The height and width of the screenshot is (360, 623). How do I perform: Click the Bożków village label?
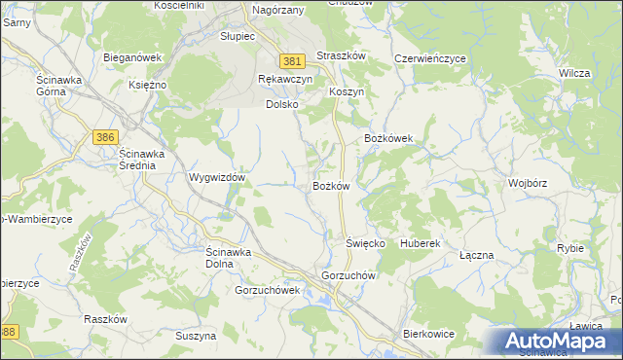coord(331,186)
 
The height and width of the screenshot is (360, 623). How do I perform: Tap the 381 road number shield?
coord(291,60)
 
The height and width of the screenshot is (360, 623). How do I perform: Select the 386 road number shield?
coord(106,138)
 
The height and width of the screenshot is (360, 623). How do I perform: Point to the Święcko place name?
coord(366,242)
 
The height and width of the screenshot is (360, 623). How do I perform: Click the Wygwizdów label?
coord(216,179)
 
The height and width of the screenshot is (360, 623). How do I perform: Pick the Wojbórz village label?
coord(528,183)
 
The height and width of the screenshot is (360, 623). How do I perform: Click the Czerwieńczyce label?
coord(430,58)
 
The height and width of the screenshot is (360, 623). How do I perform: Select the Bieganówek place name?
coord(132,57)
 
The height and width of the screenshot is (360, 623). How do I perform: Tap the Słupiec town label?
coord(237,36)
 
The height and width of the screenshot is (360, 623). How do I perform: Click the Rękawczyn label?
coord(285,79)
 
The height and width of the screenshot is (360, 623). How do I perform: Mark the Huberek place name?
coord(421,242)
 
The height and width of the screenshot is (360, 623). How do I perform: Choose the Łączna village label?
coord(477,255)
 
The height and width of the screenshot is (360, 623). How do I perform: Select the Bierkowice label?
coord(429,334)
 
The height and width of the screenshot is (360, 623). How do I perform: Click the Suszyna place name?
coord(196,336)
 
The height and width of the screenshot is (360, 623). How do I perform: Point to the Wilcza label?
coord(575,73)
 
